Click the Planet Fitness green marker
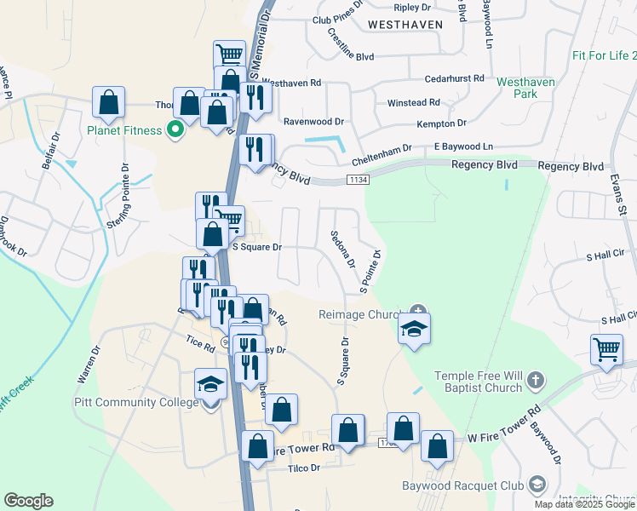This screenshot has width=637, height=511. coord(175,130)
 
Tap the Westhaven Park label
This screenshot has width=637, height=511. coord(525,88)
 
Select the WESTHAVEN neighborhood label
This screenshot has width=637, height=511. coord(405,25)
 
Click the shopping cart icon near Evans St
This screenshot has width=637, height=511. coord(606,349)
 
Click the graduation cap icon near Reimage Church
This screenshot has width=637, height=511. coord(414,330)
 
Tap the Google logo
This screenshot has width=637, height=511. coord(28,501)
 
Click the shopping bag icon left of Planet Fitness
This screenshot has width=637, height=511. coord(109,103)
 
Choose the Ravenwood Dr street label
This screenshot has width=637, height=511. coord(313,122)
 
